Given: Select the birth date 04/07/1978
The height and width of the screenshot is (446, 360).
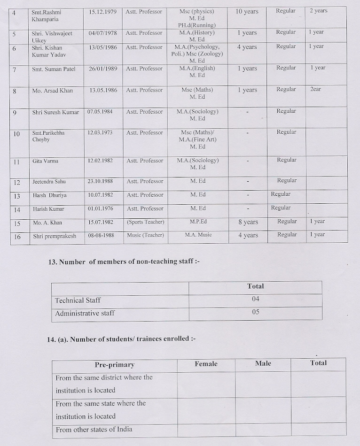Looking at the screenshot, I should click(102, 33).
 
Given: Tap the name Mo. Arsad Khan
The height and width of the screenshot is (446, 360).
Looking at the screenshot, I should click(53, 90).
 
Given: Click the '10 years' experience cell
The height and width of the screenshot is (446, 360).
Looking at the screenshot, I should click(247, 11).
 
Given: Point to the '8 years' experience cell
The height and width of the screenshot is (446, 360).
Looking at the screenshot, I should click(248, 222).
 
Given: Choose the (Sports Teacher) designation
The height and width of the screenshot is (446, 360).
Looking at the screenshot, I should click(145, 222).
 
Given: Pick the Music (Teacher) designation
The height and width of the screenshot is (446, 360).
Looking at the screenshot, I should click(145, 235).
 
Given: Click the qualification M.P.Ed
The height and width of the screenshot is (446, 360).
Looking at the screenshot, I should click(198, 222).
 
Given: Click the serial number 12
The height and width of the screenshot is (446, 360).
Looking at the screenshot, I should click(17, 182).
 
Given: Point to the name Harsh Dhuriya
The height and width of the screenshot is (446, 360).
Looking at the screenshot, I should click(49, 195).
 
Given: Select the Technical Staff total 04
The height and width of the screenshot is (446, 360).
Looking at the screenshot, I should click(255, 299).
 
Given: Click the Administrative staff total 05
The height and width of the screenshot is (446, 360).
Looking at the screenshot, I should click(255, 312).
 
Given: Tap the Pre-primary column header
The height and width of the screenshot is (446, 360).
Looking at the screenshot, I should click(114, 365).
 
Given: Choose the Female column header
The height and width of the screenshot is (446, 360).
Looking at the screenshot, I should click(206, 364).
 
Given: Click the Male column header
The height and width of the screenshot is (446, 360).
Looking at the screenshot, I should click(263, 363).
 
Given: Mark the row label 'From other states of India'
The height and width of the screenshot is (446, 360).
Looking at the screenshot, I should click(94, 429).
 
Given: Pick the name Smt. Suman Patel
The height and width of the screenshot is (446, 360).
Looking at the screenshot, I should click(53, 69).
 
